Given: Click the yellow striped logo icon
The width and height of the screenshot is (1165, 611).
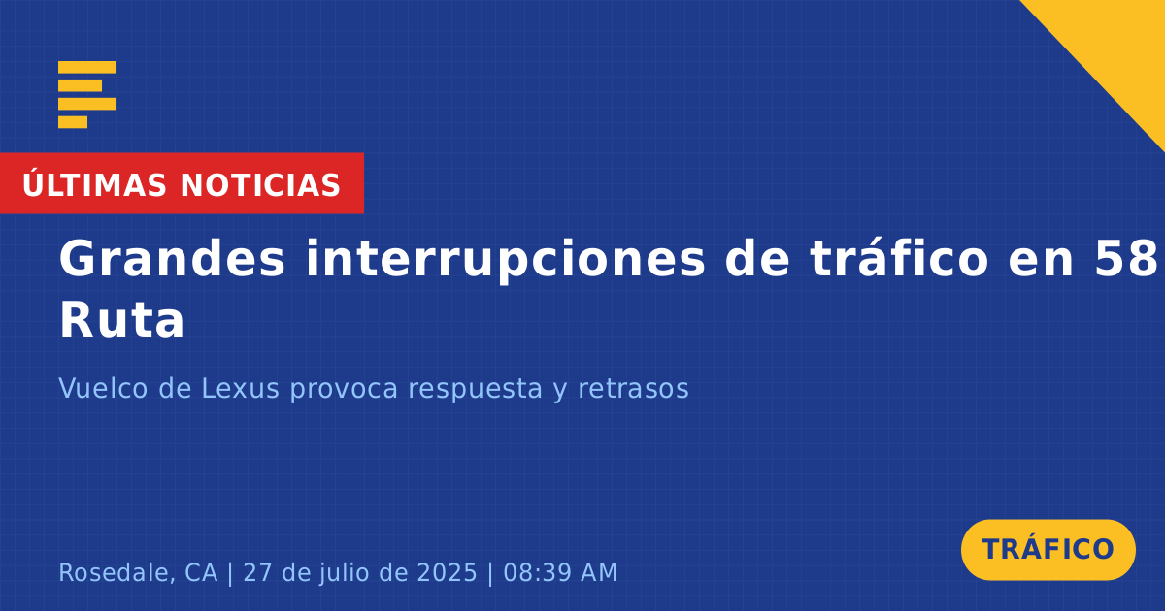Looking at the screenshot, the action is tap(87, 95).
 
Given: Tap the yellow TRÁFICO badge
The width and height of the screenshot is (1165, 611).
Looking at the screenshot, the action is tap(1048, 550).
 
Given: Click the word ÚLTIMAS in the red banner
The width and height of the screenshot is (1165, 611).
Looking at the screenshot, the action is tap(94, 184).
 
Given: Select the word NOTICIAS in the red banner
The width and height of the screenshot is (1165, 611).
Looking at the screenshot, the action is tap(260, 185).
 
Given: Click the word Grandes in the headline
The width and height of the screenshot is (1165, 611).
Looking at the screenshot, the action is tap(172, 259).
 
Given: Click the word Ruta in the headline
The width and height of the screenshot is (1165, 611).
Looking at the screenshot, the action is tap(121, 320).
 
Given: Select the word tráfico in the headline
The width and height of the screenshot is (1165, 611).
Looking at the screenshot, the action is tap(899, 259).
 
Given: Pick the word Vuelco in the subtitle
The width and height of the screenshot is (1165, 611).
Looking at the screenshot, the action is tap(103, 388).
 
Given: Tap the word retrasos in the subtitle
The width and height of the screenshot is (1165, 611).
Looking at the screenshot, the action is tap(633, 389).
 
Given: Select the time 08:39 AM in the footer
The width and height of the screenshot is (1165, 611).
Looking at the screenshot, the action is tap(560, 572).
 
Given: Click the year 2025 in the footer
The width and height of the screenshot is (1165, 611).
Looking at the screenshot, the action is tap(448, 572).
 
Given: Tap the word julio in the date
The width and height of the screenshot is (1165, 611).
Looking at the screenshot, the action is tap(345, 573).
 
